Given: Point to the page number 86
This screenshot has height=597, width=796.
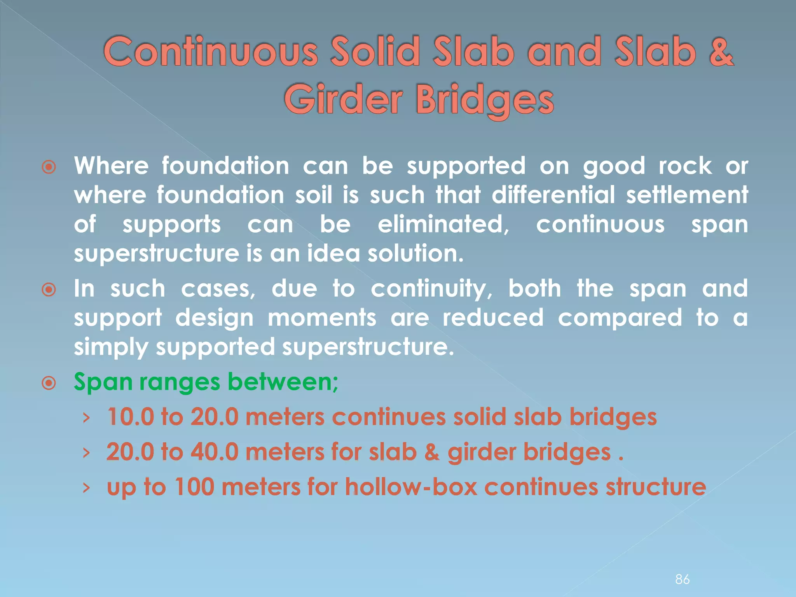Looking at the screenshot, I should pyautogui.click(x=683, y=579).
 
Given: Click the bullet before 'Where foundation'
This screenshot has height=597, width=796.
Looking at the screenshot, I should pyautogui.click(x=49, y=167).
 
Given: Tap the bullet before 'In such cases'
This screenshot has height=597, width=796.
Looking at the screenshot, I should pyautogui.click(x=49, y=290).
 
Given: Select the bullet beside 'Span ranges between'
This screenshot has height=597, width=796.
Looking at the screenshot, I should pyautogui.click(x=49, y=383).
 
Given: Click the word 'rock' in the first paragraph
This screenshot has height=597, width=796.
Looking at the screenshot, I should pyautogui.click(x=685, y=166).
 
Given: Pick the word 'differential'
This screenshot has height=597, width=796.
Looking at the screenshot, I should pyautogui.click(x=553, y=195).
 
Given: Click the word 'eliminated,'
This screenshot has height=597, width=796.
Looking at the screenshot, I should pyautogui.click(x=443, y=224).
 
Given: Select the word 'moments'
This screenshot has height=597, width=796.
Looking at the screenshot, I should pyautogui.click(x=322, y=318).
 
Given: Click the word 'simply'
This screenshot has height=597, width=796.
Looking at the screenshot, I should pyautogui.click(x=111, y=347).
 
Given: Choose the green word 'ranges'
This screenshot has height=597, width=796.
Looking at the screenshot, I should pyautogui.click(x=180, y=382).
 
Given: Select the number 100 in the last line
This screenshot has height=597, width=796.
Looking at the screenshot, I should pyautogui.click(x=194, y=487).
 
